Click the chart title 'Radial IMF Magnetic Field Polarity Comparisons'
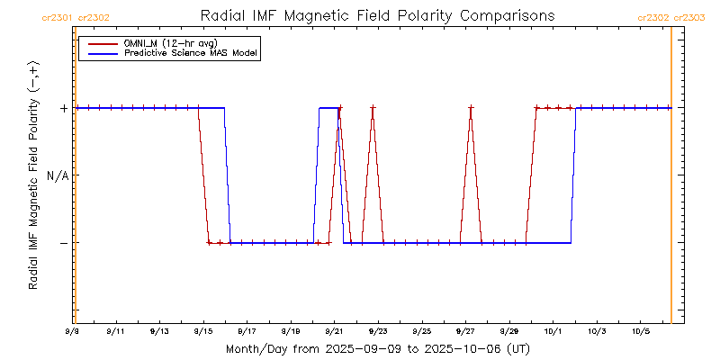376,16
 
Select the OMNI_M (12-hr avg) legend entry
157,42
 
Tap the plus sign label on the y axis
63,108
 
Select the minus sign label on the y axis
63,243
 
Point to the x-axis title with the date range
377,348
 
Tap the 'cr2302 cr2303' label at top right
671,17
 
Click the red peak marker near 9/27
471,108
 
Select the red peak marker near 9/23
373,108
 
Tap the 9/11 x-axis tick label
115,332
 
